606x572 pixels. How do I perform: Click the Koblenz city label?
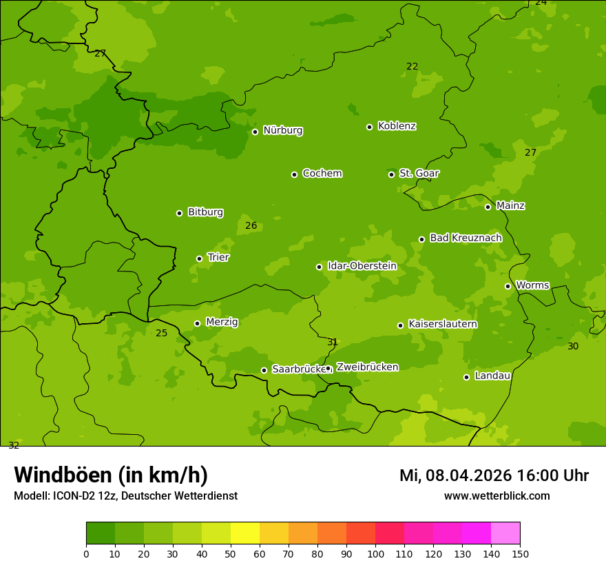click(397, 126)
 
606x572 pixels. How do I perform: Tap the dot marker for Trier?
click(200, 258)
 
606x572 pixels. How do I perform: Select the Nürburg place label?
click(282, 130)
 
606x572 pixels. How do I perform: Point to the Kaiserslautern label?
click(443, 324)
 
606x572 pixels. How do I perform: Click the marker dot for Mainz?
click(488, 207)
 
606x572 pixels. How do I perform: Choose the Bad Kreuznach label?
click(466, 238)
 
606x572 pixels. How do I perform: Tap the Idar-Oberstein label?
click(362, 265)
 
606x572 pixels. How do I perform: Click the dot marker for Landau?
click(466, 377)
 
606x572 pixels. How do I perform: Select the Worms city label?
click(532, 285)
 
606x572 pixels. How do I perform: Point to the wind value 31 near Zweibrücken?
click(333, 342)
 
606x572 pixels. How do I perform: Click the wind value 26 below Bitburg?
click(251, 225)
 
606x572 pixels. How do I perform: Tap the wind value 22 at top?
click(412, 66)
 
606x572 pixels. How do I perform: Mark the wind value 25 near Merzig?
click(161, 333)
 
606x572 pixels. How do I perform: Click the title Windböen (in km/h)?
click(111, 475)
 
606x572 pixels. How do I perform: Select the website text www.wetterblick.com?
click(497, 496)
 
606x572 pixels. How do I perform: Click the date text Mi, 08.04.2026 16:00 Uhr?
click(494, 476)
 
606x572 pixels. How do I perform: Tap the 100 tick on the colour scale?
click(375, 553)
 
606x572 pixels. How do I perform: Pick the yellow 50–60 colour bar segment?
click(245, 533)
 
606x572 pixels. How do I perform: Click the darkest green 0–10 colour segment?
click(101, 533)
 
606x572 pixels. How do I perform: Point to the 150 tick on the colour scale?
click(520, 553)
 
